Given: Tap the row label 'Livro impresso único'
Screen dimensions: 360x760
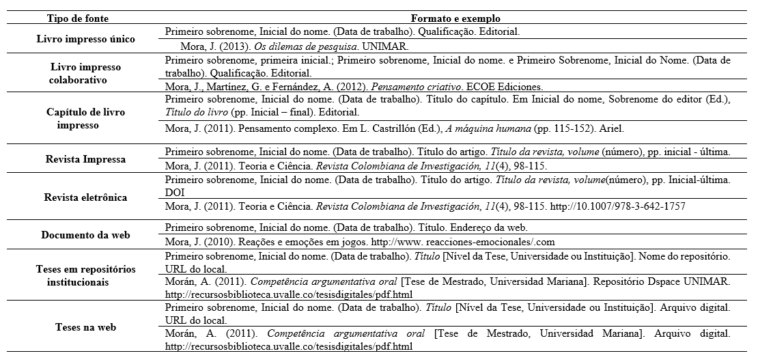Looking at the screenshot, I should coord(85,40).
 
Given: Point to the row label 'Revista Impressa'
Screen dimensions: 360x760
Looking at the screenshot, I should coord(85,159).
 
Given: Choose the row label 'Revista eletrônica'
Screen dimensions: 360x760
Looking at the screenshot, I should coord(85,197).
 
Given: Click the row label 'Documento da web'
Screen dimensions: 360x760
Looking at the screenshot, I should coord(85,235).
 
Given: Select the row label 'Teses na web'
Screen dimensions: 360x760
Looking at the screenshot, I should coord(85,327).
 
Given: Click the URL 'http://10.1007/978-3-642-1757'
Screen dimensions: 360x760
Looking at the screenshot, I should coord(617,206).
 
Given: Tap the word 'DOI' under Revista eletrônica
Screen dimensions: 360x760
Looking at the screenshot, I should coord(175,193).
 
